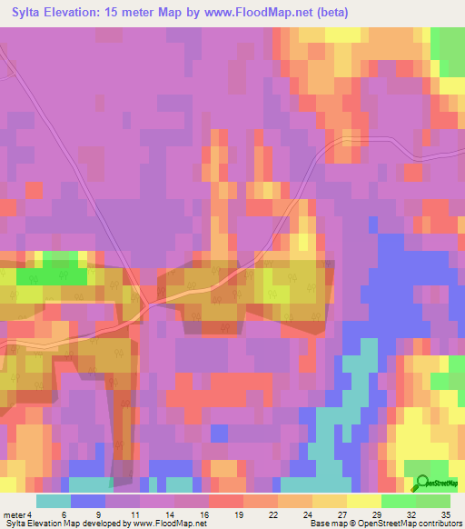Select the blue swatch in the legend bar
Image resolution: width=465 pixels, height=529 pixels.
click(87, 501)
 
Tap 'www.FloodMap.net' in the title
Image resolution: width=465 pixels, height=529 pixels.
click(264, 12)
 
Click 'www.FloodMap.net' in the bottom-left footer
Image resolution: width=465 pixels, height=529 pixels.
click(172, 524)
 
